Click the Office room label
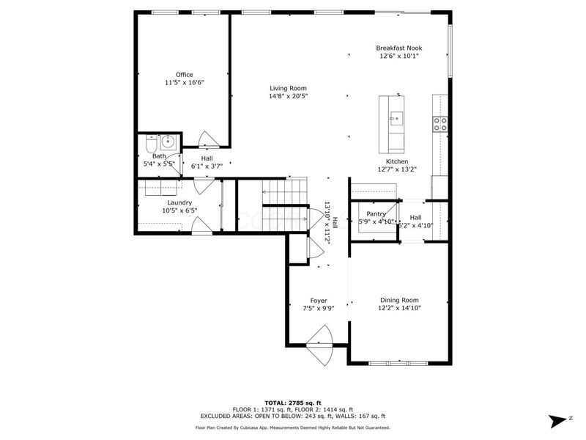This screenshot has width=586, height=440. point(184,75)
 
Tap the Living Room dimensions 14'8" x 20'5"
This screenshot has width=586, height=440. point(288,96)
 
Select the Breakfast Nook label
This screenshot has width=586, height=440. point(399,48)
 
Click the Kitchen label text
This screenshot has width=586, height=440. point(397,162)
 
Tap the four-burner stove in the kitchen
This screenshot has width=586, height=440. point(440,124)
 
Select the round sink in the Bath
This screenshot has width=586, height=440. point(168,142)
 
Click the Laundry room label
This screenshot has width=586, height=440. point(179,203)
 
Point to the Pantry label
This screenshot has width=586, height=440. point(371,214)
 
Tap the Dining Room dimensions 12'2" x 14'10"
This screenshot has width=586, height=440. point(399,308)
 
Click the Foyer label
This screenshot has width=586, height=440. point(319,301)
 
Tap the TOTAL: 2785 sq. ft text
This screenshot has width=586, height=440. point(292,403)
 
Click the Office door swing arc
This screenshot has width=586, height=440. point(208,139)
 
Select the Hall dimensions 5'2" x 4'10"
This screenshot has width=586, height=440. point(415,226)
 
